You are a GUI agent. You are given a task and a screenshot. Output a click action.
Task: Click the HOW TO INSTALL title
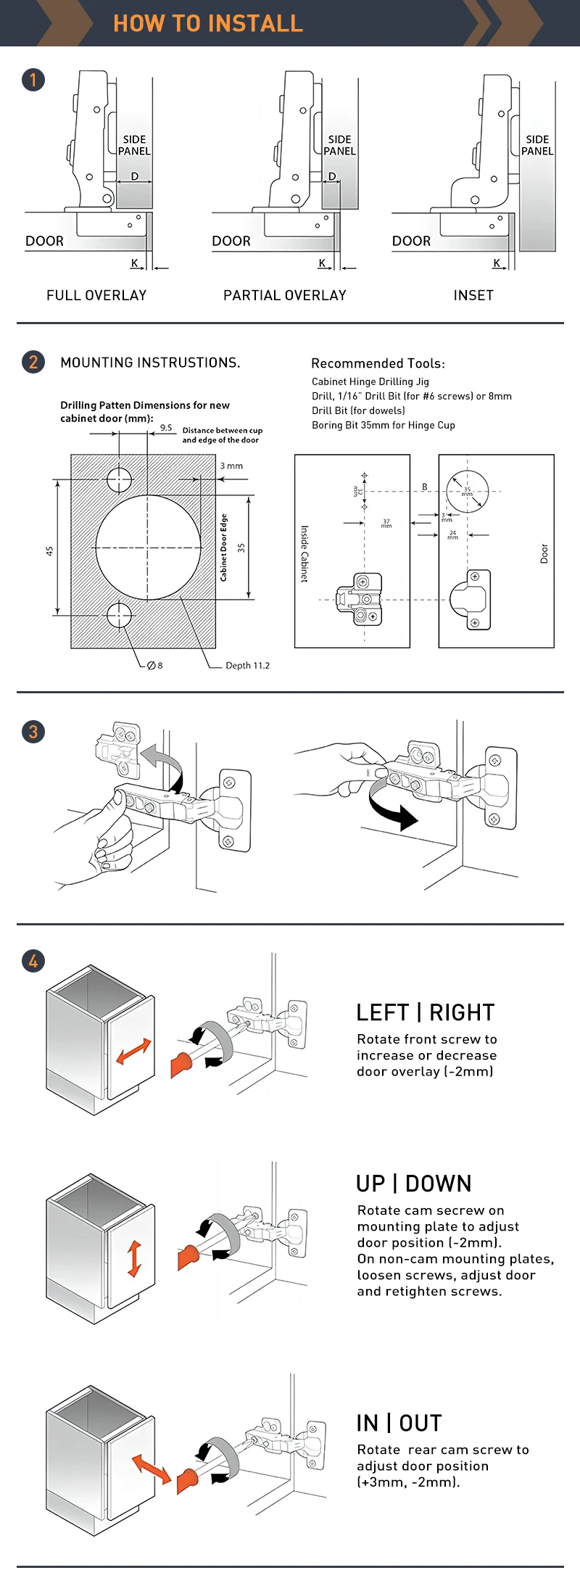(x=208, y=23)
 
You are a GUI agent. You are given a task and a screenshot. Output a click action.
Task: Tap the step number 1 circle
(x=33, y=79)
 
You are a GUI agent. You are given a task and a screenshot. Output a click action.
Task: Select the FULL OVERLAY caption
(x=96, y=295)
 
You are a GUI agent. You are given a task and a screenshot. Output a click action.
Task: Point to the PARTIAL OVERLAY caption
(x=285, y=295)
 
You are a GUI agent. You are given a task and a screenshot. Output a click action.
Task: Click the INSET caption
(x=473, y=295)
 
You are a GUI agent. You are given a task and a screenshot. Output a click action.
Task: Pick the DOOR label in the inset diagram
(x=411, y=241)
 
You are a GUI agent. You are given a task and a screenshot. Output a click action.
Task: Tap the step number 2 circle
(x=33, y=362)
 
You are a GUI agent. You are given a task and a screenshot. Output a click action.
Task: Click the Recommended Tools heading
(x=378, y=363)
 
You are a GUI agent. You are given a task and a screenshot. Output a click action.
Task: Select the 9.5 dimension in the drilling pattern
(x=166, y=428)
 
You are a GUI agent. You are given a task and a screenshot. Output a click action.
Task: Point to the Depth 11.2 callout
(x=247, y=666)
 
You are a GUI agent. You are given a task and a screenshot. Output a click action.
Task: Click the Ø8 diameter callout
(x=155, y=666)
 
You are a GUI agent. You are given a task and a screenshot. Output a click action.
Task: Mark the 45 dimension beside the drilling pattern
(x=49, y=551)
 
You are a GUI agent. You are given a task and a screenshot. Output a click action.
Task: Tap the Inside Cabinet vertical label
(x=304, y=553)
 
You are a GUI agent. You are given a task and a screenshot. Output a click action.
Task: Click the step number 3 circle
(x=33, y=732)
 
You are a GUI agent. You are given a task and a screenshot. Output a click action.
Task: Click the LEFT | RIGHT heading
(x=426, y=1012)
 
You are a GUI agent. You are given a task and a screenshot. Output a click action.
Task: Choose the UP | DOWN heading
(x=413, y=1184)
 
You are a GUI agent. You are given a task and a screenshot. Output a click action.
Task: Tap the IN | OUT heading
(x=399, y=1423)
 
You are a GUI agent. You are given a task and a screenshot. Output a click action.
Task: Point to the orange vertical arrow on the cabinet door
(x=134, y=1258)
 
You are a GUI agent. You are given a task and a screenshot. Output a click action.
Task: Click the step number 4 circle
(x=33, y=961)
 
